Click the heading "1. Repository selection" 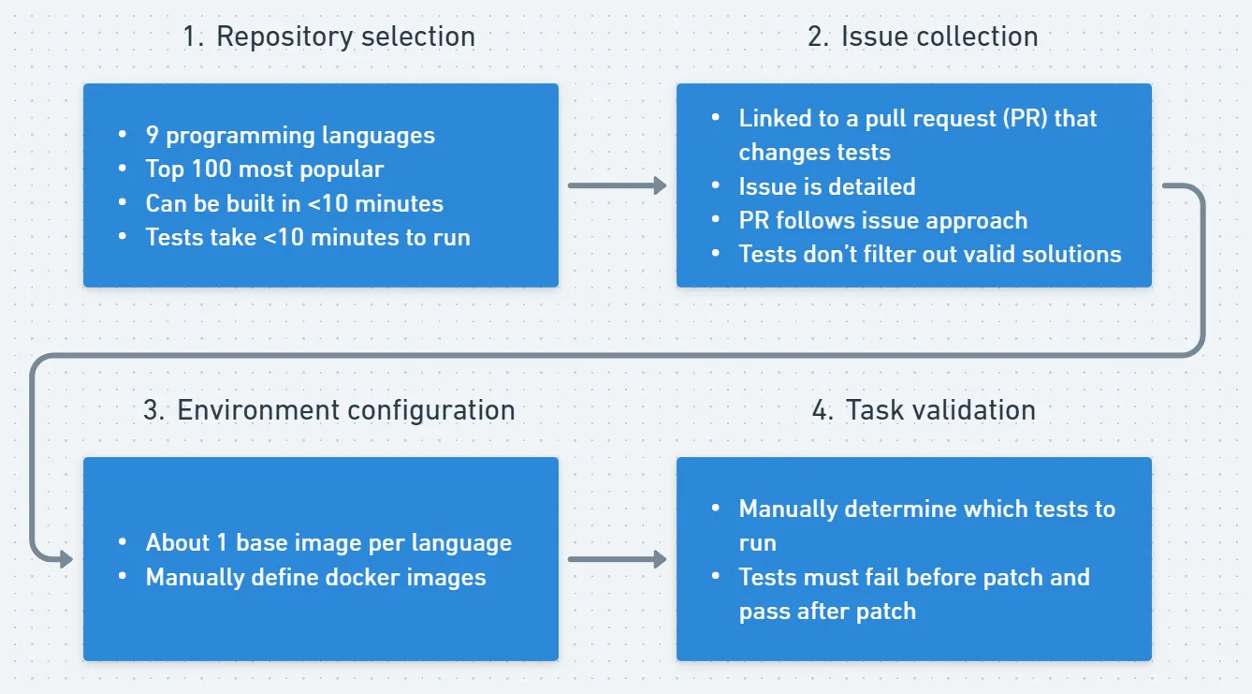tap(328, 37)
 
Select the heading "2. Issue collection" tap(923, 37)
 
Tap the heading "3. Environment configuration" tap(328, 410)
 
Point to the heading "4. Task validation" tap(923, 410)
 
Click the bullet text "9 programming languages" tap(290, 135)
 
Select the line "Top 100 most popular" tap(265, 170)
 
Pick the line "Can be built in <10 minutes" tap(294, 203)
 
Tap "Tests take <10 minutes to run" tap(308, 238)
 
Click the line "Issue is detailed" tap(827, 186)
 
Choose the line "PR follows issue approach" tap(882, 221)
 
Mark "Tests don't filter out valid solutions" tap(929, 255)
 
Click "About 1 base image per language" tap(328, 543)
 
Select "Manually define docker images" tap(315, 577)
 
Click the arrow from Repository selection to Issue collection tap(617, 185)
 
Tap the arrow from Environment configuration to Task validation tap(617, 560)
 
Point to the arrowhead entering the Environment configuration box tap(65, 560)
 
